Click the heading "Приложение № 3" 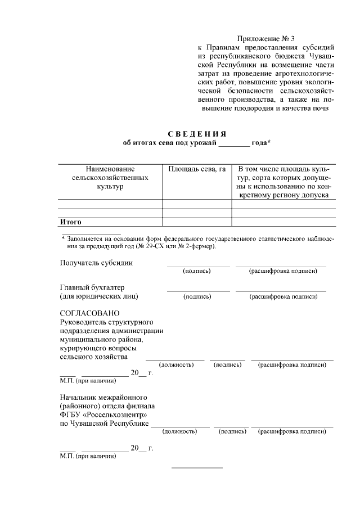pos(266,39)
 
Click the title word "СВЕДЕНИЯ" pos(197,133)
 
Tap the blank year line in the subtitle pos(233,144)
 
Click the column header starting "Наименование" pos(110,169)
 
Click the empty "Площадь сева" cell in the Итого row pos(197,222)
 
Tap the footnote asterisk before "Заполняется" pos(64,238)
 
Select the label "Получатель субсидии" pos(96,263)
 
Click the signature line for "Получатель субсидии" pos(198,266)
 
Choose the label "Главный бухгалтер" pos(92,287)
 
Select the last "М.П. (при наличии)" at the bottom pos(88,456)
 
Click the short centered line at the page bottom pos(197,467)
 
